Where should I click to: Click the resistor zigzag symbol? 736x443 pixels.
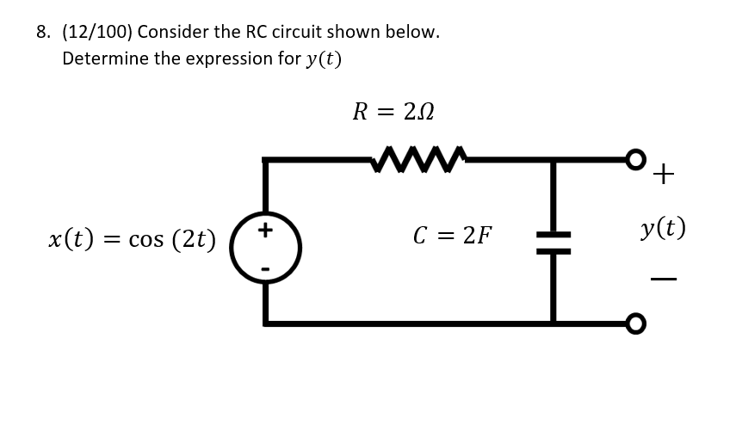point(419,159)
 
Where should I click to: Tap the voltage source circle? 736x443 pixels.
point(265,248)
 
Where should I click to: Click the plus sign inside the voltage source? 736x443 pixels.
point(265,230)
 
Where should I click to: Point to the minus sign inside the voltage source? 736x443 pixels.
point(265,269)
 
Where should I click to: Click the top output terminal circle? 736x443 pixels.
point(635,159)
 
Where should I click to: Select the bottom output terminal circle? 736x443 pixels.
point(635,323)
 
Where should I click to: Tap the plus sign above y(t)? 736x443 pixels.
point(663,175)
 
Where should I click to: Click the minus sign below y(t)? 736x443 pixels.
point(663,279)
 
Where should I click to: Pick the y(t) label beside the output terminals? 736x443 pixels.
point(663,228)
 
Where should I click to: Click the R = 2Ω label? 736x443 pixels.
point(393,112)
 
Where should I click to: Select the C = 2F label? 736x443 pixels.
point(453,235)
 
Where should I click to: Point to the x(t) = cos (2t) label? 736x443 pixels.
point(132,238)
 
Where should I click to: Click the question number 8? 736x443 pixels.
point(43,33)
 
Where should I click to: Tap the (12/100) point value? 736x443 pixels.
point(96,33)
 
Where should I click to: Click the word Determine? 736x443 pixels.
point(105,59)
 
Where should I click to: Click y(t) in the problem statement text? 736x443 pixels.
point(324,59)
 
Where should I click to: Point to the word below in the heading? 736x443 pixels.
point(411,33)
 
